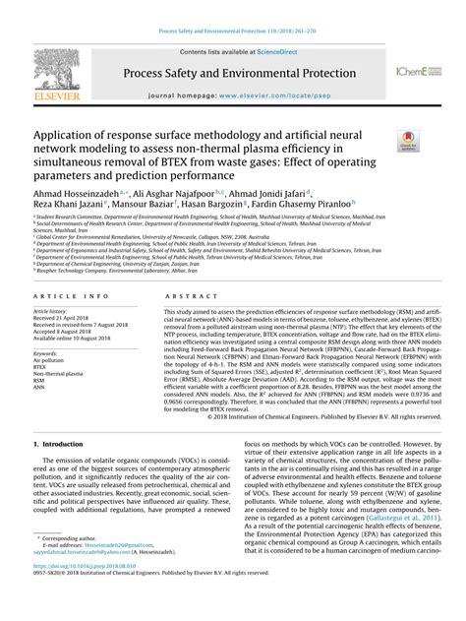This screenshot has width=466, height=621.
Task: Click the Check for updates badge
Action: point(405,143)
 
